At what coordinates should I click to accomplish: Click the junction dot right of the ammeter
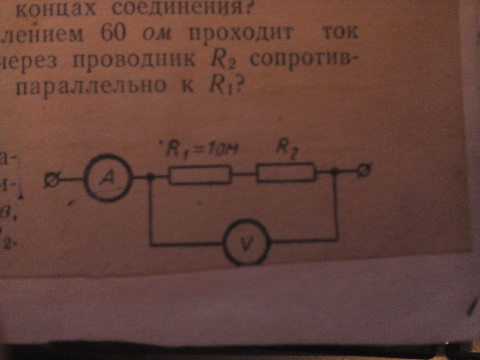(x=150, y=177)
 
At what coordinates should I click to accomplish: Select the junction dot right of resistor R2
(x=336, y=172)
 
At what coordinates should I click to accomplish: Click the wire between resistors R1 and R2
(x=244, y=175)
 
